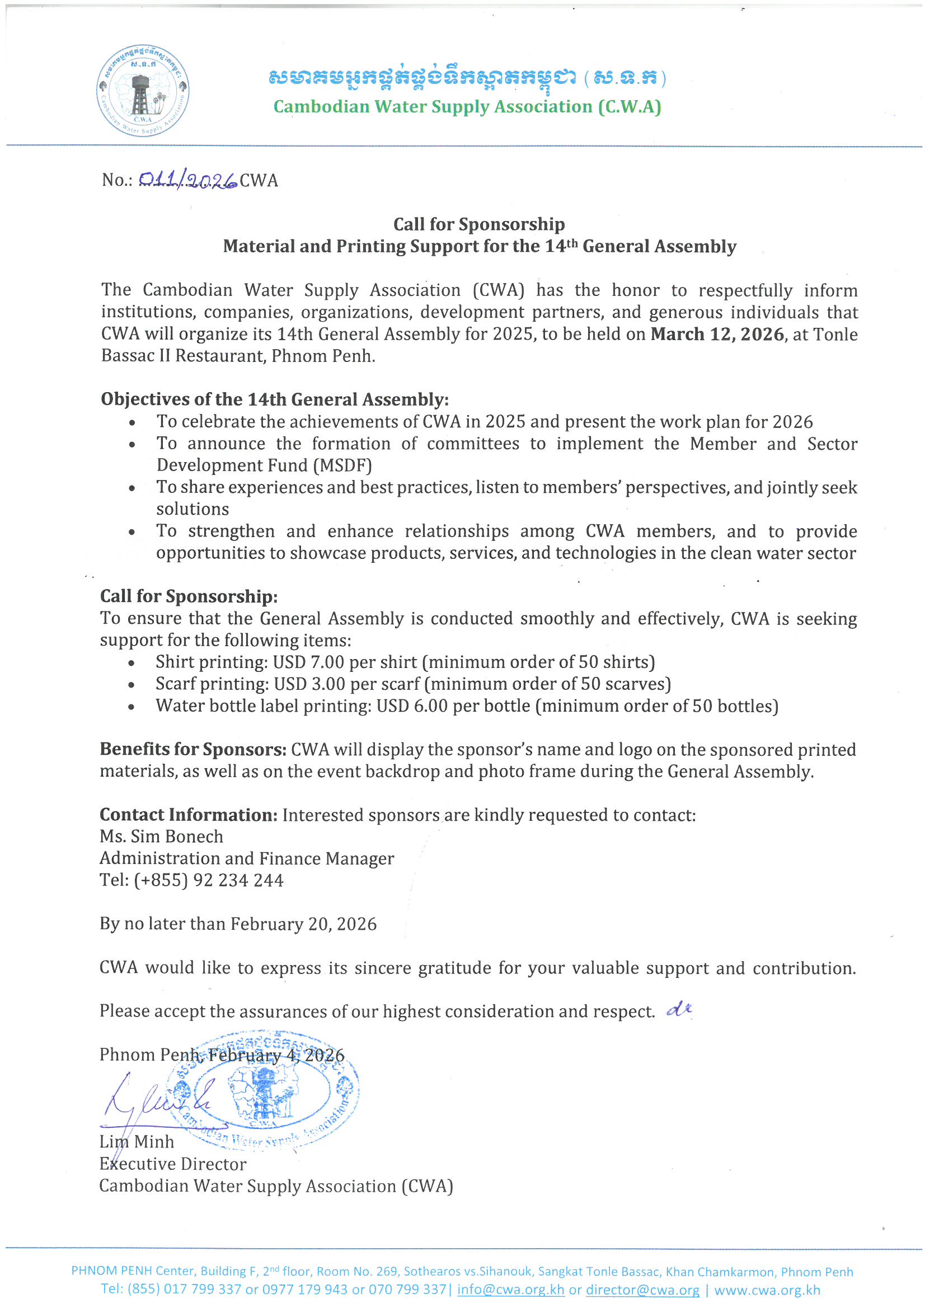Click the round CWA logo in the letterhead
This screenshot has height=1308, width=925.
(143, 91)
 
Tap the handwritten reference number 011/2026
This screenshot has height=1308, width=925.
(187, 181)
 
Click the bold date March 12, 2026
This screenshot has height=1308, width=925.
(717, 335)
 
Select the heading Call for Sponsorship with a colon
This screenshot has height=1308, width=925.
(189, 596)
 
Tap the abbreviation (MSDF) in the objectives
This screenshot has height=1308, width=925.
(342, 465)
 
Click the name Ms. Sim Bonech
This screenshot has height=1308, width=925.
(161, 836)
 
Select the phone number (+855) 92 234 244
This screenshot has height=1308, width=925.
(209, 880)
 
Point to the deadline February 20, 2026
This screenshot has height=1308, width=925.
(303, 924)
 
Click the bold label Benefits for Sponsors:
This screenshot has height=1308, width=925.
(192, 750)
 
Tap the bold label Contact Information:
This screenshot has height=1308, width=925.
(189, 815)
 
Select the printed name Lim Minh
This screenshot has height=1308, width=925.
(137, 1142)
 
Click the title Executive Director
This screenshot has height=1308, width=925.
(173, 1164)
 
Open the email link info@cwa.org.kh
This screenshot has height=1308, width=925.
(510, 1290)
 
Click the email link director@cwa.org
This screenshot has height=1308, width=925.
(642, 1290)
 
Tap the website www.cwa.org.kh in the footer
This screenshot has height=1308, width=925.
(767, 1290)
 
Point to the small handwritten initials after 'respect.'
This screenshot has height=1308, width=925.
(679, 1009)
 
